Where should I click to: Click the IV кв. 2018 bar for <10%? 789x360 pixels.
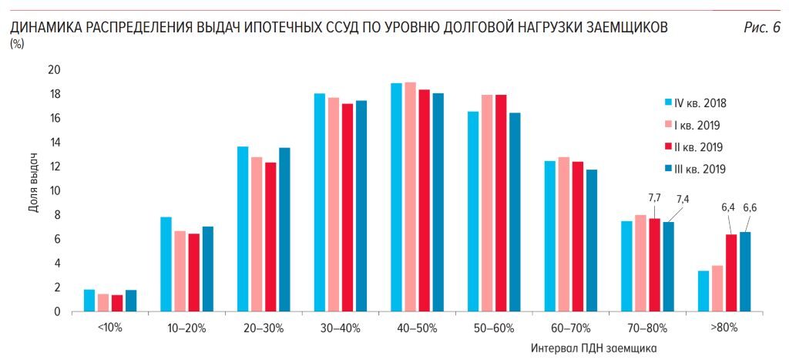[89, 301]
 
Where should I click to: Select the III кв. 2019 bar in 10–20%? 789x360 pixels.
[208, 269]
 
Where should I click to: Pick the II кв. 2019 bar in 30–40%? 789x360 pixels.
[347, 207]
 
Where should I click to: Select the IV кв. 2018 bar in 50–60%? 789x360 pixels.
[473, 211]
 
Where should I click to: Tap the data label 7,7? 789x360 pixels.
[654, 198]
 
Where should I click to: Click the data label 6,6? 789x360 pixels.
[750, 207]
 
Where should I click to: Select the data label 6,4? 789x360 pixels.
[728, 207]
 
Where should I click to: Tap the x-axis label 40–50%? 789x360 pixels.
[417, 328]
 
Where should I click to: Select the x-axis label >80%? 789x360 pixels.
[724, 328]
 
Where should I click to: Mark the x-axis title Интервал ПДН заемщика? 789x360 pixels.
[593, 348]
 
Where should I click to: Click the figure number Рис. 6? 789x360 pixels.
[761, 29]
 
